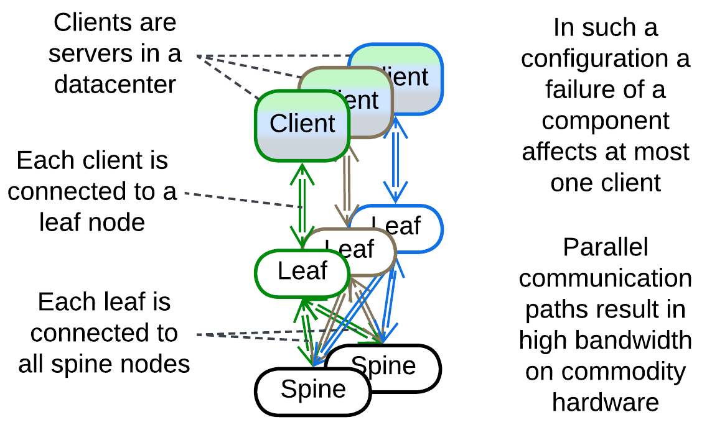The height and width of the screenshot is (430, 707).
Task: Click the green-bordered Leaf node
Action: point(302,272)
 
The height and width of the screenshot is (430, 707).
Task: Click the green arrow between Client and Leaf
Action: point(302,205)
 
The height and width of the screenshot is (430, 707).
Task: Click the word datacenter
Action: point(115,84)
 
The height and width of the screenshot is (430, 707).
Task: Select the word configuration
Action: point(606,59)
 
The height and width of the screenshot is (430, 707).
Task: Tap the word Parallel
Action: point(606,247)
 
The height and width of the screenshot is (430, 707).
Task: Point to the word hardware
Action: point(606,402)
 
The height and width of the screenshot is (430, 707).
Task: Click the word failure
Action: point(588,90)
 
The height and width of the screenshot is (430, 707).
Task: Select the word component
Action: point(606,121)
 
